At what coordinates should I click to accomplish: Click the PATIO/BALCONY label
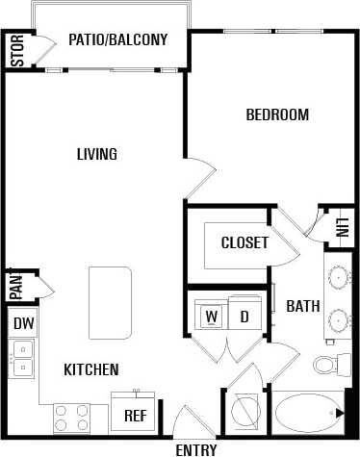[x=118, y=40]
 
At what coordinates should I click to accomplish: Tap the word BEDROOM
[x=277, y=115]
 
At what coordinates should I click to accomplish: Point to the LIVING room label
[x=97, y=154]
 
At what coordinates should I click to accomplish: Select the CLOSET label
[x=244, y=242]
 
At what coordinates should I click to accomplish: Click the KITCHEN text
[x=91, y=369]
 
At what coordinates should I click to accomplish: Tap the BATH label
[x=303, y=306]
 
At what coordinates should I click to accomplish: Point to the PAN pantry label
[x=16, y=286]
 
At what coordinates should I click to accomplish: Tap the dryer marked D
[x=244, y=316]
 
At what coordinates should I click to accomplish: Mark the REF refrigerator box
[x=135, y=416]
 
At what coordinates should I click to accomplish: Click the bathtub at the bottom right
[x=309, y=415]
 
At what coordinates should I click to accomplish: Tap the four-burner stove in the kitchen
[x=71, y=418]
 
